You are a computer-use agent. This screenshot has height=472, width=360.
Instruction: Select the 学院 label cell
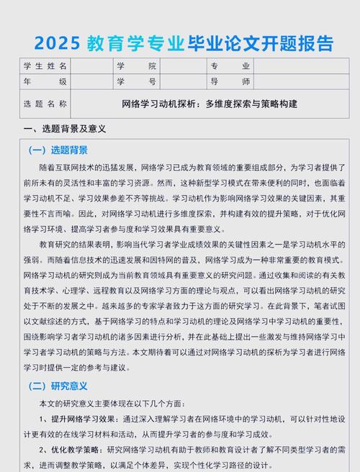136,65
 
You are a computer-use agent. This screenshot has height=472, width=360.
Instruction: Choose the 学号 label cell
136,81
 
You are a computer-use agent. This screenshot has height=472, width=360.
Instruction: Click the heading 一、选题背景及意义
65,129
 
